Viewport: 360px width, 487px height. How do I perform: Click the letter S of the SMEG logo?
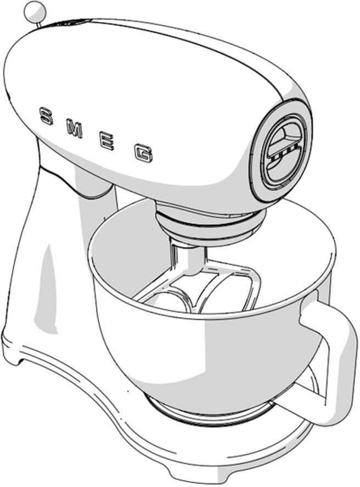point(47,116)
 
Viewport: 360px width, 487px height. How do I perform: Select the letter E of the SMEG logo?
point(107,142)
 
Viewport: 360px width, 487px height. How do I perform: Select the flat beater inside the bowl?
point(220,291)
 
